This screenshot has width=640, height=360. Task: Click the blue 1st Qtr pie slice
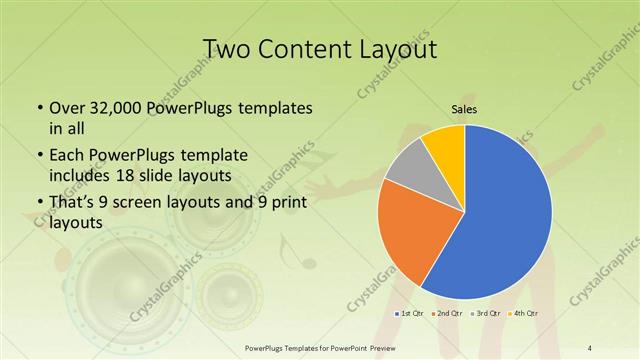coord(505,220)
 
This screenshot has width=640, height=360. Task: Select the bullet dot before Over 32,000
coord(37,107)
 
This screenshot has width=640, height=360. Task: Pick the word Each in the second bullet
coord(67,155)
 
